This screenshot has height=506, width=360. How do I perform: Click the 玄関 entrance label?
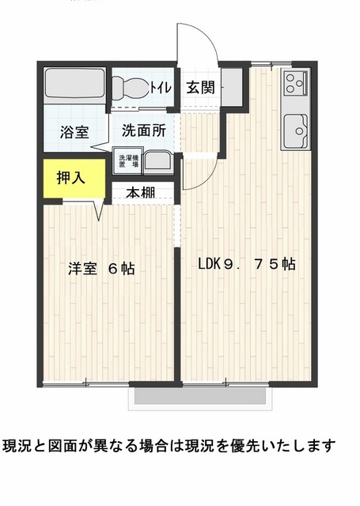[x=200, y=87]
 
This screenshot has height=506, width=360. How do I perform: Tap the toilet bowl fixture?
[x=131, y=87]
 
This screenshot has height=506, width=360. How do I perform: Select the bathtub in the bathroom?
[x=75, y=83]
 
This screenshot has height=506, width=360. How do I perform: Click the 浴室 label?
[x=74, y=132]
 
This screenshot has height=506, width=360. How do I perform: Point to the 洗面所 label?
[x=144, y=130]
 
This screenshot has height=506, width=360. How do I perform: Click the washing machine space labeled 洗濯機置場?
[x=128, y=160]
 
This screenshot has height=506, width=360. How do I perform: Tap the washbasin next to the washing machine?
[x=158, y=161]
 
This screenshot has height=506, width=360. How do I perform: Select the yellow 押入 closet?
[x=74, y=178]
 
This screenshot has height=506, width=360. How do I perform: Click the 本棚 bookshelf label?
[x=141, y=193]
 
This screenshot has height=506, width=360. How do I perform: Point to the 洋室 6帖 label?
[x=101, y=269]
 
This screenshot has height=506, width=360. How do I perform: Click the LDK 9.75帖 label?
[x=246, y=264]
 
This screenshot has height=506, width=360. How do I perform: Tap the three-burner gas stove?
[x=295, y=82]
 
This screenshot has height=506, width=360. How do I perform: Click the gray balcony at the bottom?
[x=200, y=395]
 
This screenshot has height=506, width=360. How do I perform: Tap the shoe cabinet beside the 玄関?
[x=232, y=87]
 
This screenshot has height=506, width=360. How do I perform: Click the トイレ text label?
[x=160, y=88]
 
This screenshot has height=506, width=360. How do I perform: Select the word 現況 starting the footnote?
[x=17, y=446]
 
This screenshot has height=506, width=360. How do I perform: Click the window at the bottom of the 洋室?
[x=86, y=383]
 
